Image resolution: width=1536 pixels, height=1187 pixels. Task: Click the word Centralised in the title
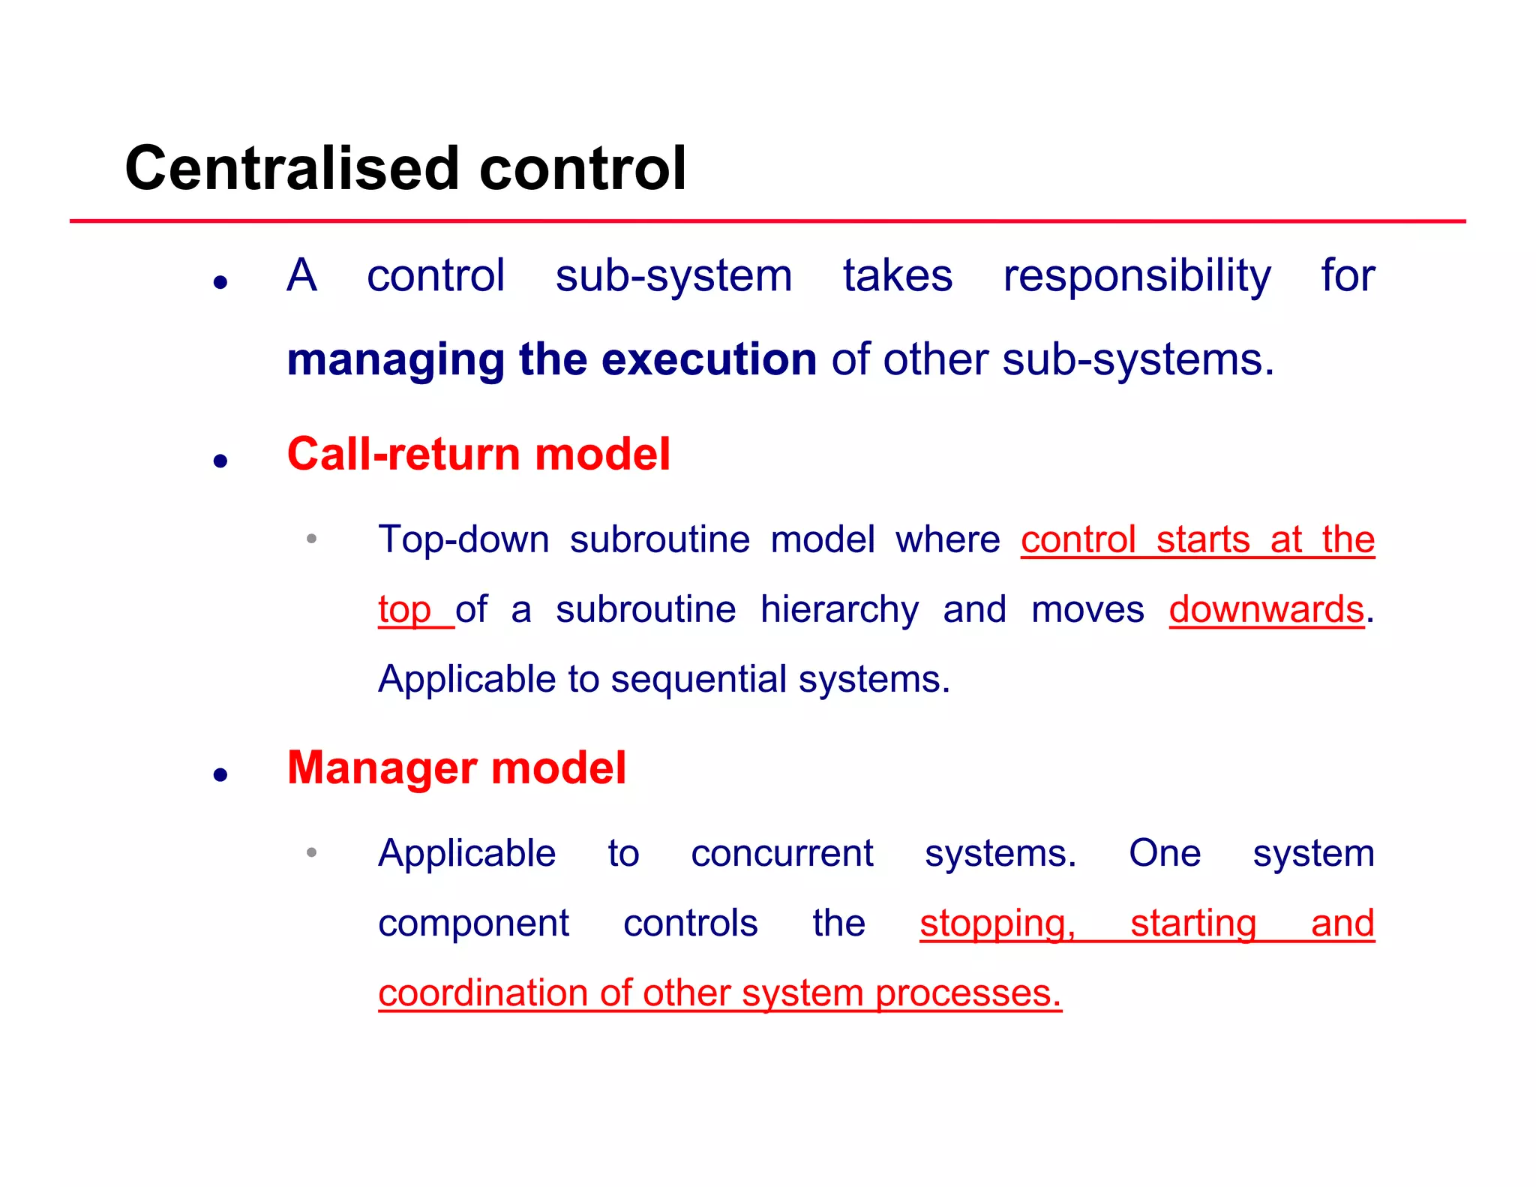(292, 168)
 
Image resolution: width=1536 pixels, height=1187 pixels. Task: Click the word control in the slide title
(582, 168)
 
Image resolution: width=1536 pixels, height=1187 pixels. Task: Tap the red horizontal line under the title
(768, 221)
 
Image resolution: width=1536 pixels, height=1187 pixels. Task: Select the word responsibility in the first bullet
(1136, 276)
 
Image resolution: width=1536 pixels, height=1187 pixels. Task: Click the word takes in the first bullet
(897, 276)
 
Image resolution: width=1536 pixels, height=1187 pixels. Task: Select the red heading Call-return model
(478, 455)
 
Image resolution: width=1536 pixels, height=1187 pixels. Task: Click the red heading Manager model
(456, 768)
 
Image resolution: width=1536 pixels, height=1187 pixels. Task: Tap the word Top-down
(463, 539)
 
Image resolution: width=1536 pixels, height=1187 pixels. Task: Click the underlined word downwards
(1266, 609)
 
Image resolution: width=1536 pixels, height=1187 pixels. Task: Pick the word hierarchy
(839, 609)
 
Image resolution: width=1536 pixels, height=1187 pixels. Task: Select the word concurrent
(781, 854)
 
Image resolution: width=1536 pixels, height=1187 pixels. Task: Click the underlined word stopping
(997, 924)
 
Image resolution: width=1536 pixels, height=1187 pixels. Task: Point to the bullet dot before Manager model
(220, 774)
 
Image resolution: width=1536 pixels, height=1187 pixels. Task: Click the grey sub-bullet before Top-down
(311, 539)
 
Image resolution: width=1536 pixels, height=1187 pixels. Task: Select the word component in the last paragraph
(473, 924)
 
